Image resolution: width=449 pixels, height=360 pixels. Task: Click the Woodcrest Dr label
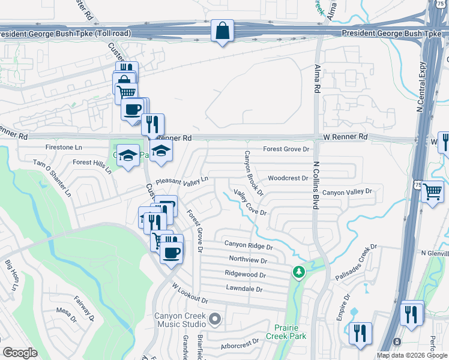[x=288, y=178]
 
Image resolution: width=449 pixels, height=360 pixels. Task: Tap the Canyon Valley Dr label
[x=348, y=192]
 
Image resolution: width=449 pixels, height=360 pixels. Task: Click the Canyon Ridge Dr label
[x=249, y=245]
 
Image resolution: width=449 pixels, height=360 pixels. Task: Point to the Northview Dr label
[x=247, y=259]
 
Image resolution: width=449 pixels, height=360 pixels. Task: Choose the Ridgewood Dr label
[x=245, y=274]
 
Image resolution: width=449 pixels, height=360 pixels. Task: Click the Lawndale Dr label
[x=244, y=289]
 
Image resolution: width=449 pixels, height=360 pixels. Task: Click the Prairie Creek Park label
[x=290, y=332]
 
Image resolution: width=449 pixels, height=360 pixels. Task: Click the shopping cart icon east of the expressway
[x=432, y=192]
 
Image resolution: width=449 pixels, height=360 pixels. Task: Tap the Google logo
[x=20, y=353]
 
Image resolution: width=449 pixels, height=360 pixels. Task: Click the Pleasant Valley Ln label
[x=181, y=180]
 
